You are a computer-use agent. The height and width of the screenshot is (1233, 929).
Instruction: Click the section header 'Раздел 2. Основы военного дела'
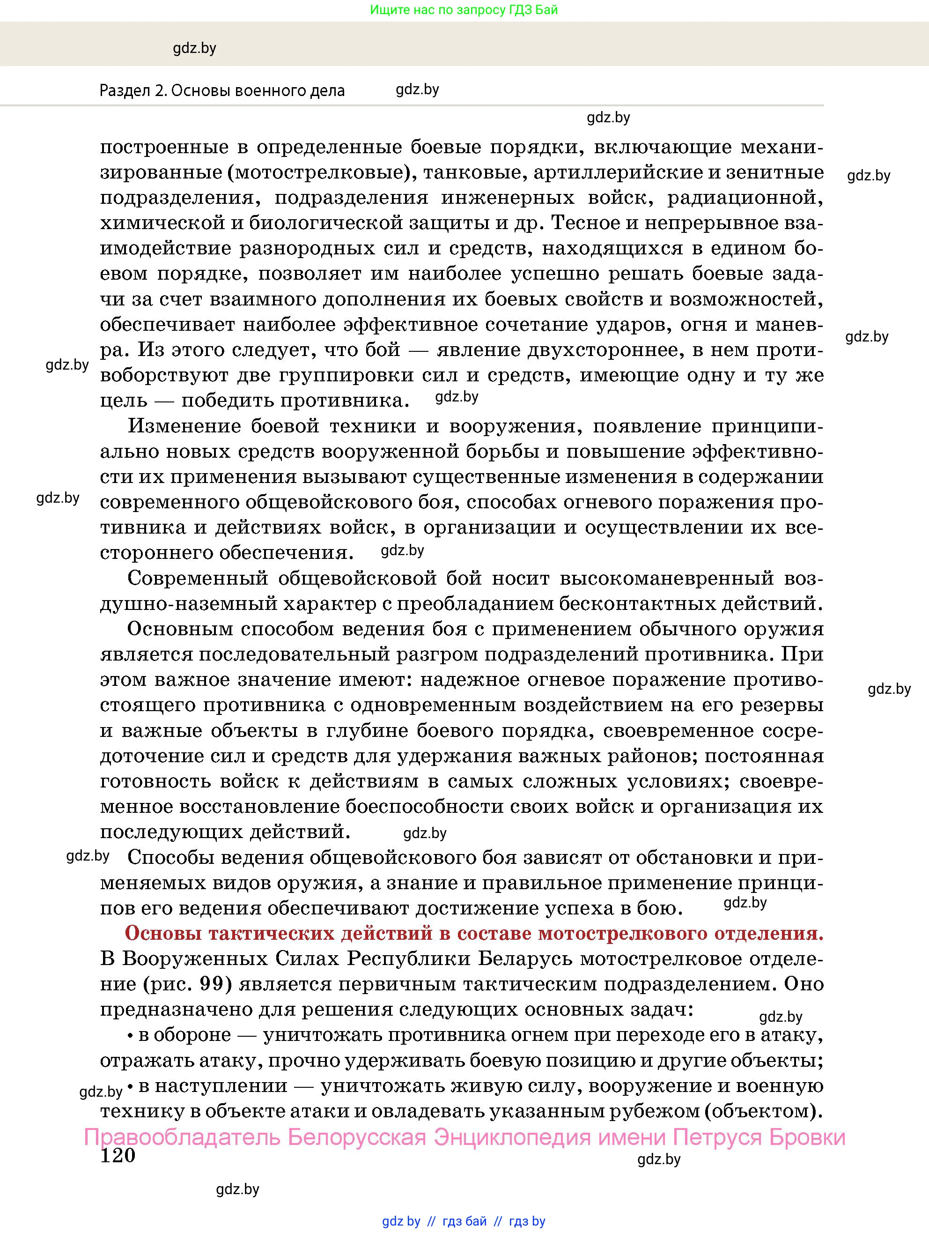[x=222, y=90]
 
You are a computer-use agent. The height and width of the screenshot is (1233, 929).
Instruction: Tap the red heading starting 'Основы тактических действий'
[x=474, y=933]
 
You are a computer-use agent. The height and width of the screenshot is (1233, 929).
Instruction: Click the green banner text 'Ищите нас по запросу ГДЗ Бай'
[x=464, y=9]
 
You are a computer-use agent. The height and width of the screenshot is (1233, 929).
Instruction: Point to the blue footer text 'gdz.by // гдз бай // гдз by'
[x=464, y=1221]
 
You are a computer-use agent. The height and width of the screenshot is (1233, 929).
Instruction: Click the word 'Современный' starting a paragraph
[x=198, y=578]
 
